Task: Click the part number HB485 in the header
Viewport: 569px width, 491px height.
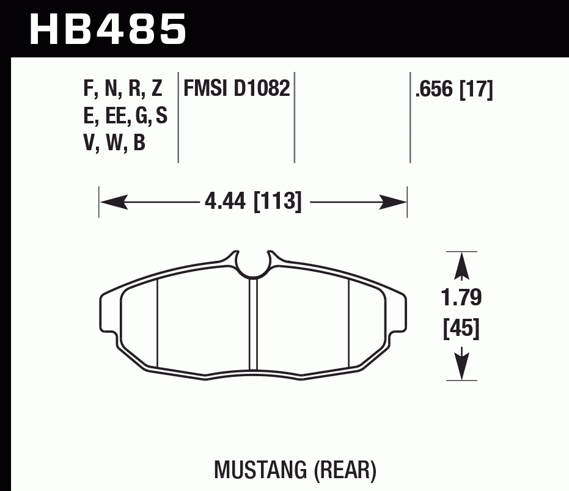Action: pyautogui.click(x=108, y=29)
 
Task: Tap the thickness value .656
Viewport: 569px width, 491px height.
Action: pyautogui.click(x=435, y=90)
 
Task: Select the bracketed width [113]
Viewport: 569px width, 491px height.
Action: pyautogui.click(x=277, y=202)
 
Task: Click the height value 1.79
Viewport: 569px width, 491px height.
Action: pyautogui.click(x=461, y=298)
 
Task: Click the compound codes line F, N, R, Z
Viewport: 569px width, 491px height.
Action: pyautogui.click(x=123, y=89)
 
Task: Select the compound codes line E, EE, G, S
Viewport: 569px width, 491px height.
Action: pyautogui.click(x=125, y=116)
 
